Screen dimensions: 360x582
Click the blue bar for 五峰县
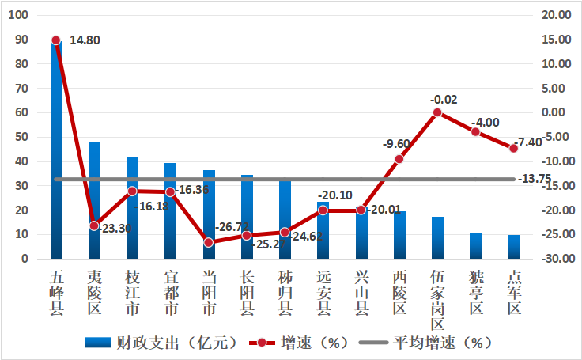(56, 150)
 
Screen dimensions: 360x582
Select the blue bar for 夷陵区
(94, 201)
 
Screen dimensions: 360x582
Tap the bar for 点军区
(514, 247)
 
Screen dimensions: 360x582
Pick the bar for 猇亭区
(475, 245)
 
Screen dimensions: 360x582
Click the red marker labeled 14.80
(56, 40)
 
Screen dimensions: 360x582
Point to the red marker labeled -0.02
(437, 113)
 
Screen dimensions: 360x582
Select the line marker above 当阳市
(209, 243)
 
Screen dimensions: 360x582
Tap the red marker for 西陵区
(399, 159)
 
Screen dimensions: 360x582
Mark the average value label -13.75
(535, 180)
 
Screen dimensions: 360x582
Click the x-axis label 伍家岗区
(437, 300)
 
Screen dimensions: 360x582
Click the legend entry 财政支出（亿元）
(162, 343)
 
